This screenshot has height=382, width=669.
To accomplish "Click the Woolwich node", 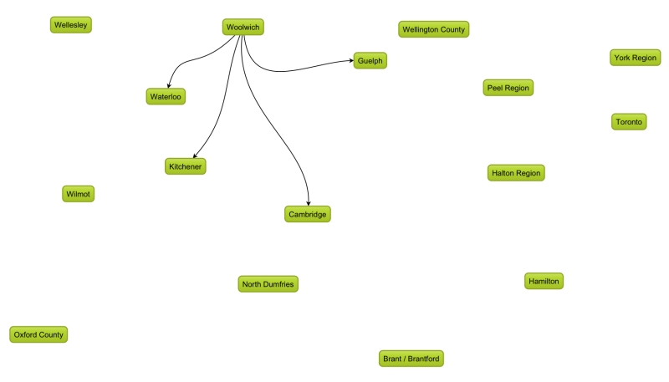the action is (243, 27).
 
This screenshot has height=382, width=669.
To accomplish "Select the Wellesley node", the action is (71, 25).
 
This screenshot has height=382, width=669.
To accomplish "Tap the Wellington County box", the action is (433, 29).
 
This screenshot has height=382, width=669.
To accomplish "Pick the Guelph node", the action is (370, 60).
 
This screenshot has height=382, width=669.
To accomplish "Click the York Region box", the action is (635, 58).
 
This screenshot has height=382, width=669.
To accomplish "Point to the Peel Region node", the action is (508, 88).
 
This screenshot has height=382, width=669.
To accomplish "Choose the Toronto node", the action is (629, 121).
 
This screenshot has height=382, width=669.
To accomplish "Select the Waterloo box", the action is (166, 96).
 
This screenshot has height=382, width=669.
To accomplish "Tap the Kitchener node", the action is (185, 166).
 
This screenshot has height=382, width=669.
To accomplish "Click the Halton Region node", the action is (516, 173).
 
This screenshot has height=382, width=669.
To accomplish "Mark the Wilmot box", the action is (78, 194).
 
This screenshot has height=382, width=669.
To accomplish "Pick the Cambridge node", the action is (307, 214).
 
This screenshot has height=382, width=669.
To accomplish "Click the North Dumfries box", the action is (268, 284).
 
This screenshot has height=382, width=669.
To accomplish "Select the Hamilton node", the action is (544, 281).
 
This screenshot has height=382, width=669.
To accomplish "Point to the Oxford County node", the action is (38, 334).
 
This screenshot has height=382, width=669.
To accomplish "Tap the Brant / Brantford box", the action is (411, 359).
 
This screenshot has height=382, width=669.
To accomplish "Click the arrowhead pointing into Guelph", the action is (351, 60).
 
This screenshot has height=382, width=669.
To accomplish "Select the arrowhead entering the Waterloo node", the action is (169, 86).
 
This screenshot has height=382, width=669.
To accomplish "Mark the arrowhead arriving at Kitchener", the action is (195, 156).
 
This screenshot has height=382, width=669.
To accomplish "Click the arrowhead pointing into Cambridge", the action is (309, 203).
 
